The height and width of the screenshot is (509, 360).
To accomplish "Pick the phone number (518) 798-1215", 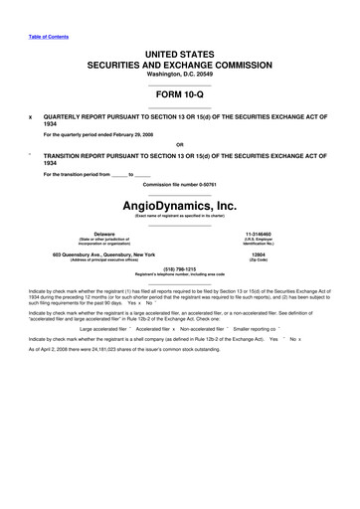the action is point(180,268).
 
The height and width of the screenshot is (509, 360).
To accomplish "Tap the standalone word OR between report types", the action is point(180,141).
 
